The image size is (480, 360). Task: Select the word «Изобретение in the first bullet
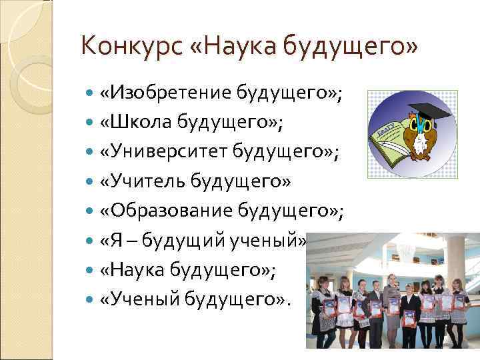167,93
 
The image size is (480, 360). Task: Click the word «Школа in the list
131,123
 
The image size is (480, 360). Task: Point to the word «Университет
163,153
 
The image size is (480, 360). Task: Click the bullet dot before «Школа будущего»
90,123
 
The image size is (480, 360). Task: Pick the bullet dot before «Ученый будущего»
90,300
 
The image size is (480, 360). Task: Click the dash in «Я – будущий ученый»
128,241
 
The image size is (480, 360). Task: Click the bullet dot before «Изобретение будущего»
90,93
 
